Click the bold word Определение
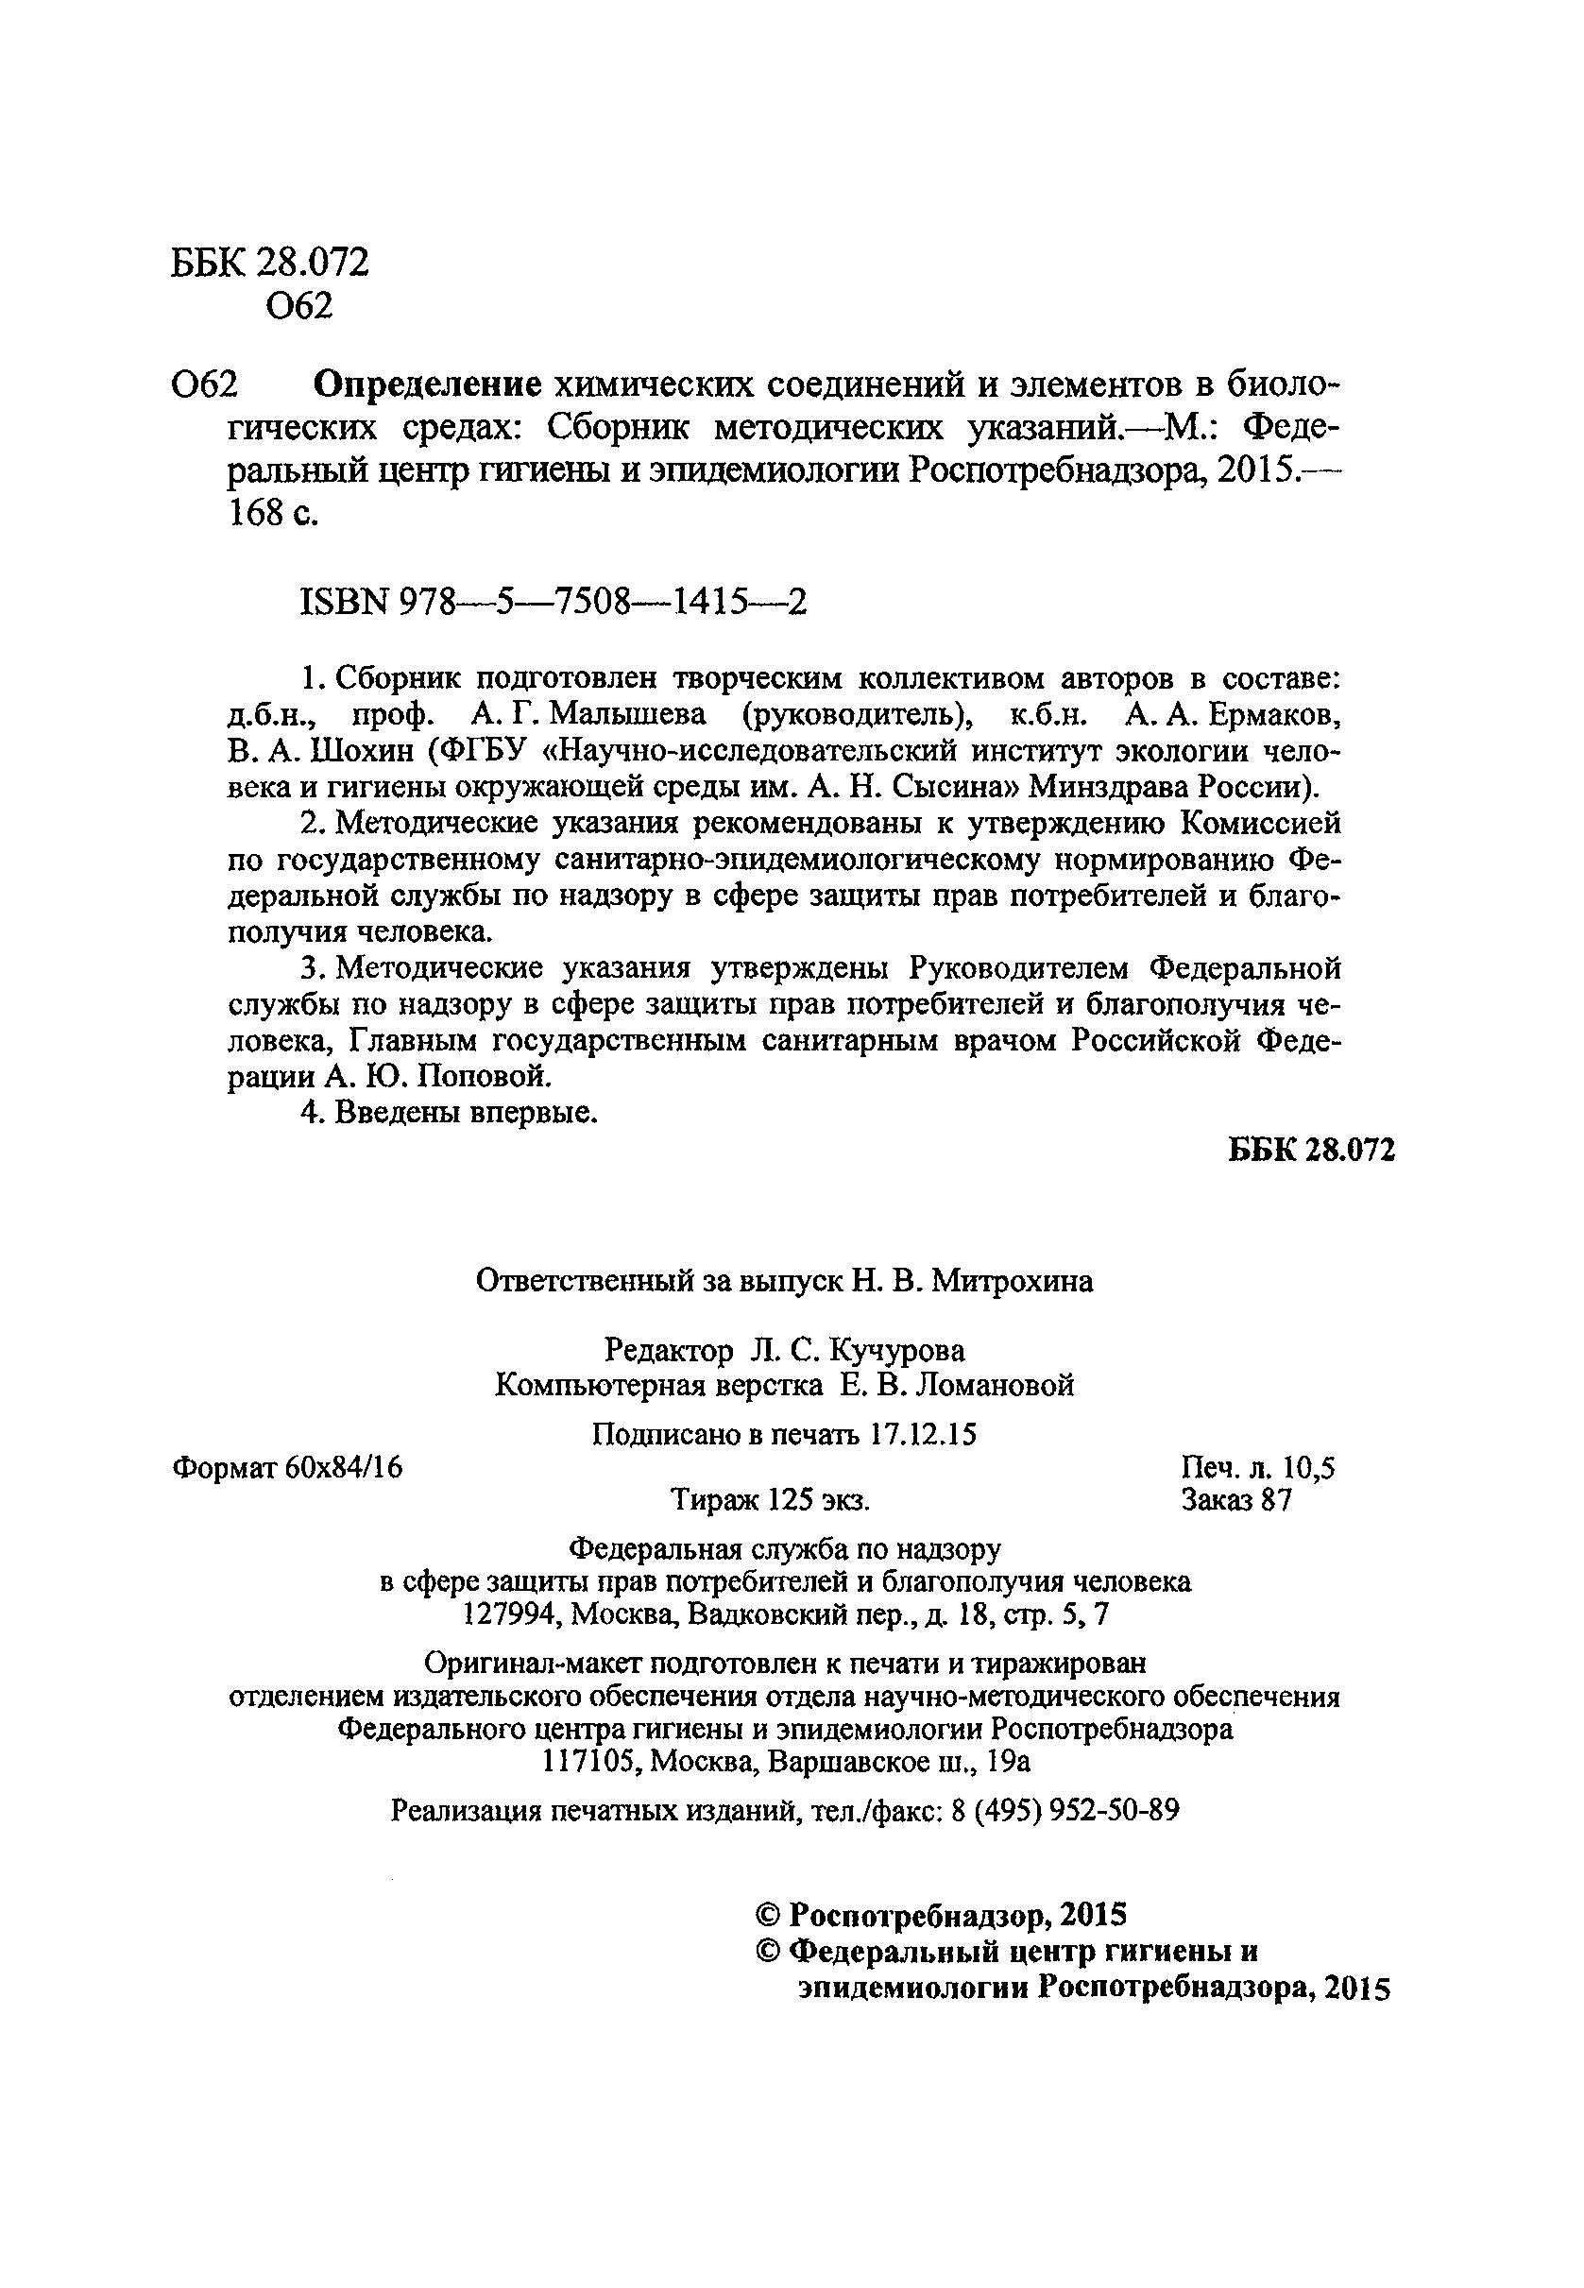click(428, 384)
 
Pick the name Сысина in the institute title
click(953, 787)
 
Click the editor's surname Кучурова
click(897, 1350)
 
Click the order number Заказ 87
click(1236, 1501)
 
